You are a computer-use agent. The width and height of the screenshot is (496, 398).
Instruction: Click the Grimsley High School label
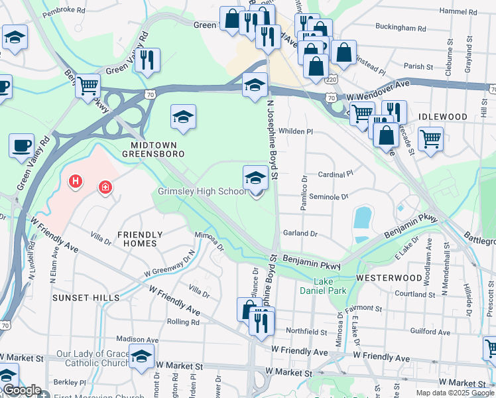click(x=202, y=192)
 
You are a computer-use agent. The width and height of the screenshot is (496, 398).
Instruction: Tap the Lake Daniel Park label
click(x=314, y=285)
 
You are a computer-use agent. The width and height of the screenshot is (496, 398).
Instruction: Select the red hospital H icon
click(x=76, y=180)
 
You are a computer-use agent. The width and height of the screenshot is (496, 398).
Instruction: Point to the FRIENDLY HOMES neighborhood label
click(x=140, y=239)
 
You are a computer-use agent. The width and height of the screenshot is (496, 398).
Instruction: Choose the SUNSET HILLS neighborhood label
click(x=88, y=298)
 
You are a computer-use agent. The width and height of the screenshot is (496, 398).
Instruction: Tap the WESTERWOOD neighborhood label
click(x=389, y=277)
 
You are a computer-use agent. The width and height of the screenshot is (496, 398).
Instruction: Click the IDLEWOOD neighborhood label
click(x=442, y=116)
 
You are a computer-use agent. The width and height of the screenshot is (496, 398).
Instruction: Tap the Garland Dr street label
click(x=300, y=233)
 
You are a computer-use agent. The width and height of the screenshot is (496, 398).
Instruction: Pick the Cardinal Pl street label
click(x=336, y=174)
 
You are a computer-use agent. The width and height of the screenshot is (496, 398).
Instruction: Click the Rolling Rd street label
click(x=184, y=322)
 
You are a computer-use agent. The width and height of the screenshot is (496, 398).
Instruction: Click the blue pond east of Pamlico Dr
click(x=362, y=217)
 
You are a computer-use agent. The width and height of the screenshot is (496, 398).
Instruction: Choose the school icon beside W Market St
click(x=141, y=356)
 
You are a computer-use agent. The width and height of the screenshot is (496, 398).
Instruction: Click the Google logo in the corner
click(x=21, y=391)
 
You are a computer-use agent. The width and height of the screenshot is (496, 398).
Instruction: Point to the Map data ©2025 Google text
click(x=454, y=393)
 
